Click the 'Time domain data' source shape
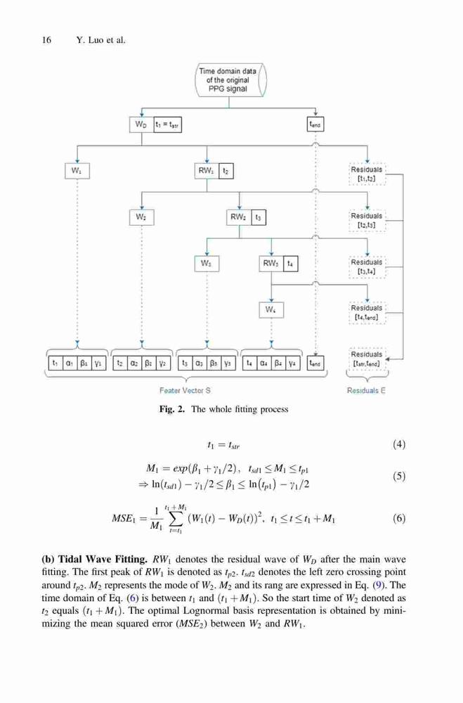point(230,80)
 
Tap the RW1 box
point(207,171)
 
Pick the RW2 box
point(238,217)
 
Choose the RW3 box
point(271,264)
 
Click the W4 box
point(271,310)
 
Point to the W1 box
point(77,171)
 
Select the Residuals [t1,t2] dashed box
point(367,174)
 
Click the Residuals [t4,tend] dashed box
point(367,313)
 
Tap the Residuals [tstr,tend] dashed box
point(367,359)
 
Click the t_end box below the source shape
point(315,124)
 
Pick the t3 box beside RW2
point(258,217)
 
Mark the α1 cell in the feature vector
point(70,363)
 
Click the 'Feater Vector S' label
point(185,390)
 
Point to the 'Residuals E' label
point(366,390)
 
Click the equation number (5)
point(399,476)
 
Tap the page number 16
point(46,40)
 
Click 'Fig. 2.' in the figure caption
point(171,409)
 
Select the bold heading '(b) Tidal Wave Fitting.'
point(95,559)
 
